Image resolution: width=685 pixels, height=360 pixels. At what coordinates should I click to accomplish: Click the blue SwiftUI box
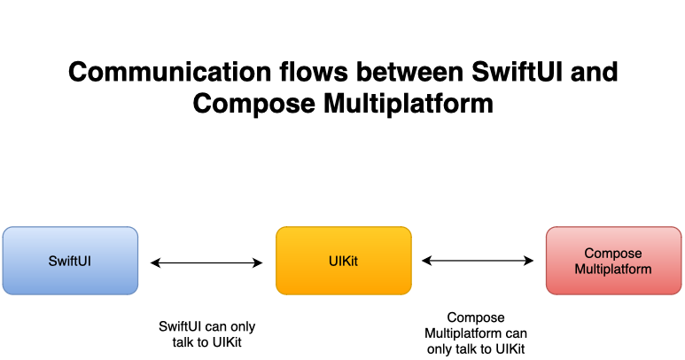(x=70, y=261)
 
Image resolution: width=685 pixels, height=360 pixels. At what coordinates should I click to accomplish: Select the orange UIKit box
(x=344, y=261)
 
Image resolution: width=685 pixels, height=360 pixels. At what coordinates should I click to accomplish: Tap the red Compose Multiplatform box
(x=614, y=261)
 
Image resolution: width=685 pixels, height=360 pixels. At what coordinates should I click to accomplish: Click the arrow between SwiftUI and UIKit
(x=206, y=262)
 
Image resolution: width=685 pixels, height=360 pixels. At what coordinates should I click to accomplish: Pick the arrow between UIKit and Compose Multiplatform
(x=478, y=261)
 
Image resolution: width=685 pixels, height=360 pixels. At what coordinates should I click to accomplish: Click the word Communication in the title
(x=170, y=72)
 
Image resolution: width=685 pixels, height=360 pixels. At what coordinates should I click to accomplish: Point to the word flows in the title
(x=314, y=72)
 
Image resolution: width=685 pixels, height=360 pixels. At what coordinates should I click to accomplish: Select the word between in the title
(x=409, y=72)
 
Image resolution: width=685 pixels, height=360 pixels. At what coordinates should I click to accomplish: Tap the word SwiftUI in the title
(x=518, y=72)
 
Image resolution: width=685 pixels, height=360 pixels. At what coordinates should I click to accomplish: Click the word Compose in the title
(x=253, y=104)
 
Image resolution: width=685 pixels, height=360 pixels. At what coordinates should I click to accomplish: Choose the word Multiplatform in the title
(x=409, y=104)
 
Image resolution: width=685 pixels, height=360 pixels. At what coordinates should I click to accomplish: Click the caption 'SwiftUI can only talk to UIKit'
(x=207, y=334)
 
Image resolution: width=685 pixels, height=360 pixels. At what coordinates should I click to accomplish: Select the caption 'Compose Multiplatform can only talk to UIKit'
(x=476, y=333)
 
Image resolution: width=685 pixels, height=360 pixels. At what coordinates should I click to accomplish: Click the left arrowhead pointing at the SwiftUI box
(x=155, y=262)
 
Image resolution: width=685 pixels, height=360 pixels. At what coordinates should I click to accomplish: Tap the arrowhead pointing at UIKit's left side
(x=258, y=262)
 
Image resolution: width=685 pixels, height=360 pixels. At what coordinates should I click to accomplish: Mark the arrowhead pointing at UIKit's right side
(x=426, y=261)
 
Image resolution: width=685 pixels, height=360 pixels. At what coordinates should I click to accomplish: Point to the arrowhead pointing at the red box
(x=529, y=261)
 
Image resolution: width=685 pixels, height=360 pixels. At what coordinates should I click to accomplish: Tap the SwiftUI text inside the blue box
(x=70, y=262)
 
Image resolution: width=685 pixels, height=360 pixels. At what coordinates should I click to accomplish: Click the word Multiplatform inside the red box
(x=613, y=270)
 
